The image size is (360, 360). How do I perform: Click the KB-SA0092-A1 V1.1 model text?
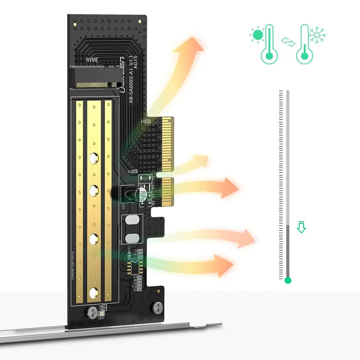pos(129,81)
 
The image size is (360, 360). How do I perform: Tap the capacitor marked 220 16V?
pos(143,194)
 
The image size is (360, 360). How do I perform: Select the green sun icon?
pos(257,35)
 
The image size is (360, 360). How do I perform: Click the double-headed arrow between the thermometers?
pos(288,43)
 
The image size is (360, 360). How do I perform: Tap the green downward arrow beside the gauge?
pos(301,228)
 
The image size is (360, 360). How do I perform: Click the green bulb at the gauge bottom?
pos(287,280)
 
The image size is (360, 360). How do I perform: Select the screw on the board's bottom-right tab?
pos(157,307)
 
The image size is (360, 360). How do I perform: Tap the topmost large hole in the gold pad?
pos(94,157)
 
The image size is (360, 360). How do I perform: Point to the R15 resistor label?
pos(132,172)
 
